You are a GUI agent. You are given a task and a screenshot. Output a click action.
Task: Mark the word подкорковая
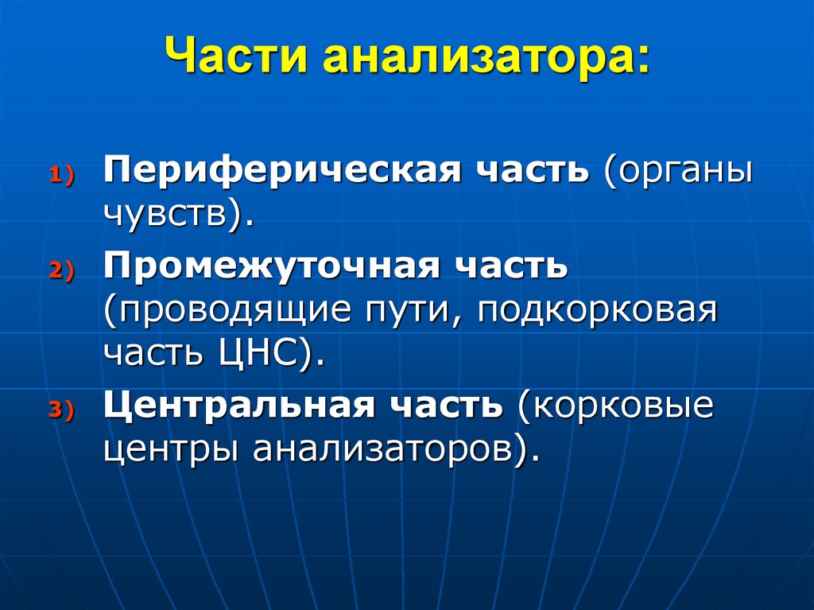[x=597, y=309]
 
